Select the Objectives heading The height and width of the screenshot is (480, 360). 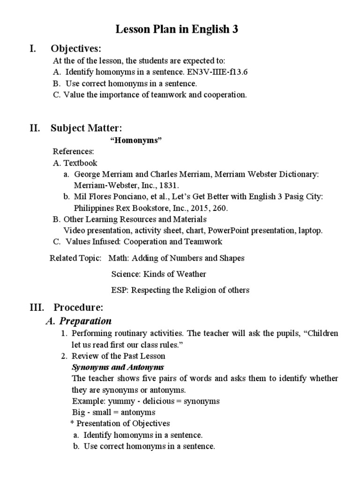pos(76,49)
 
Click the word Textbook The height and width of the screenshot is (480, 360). pos(80,163)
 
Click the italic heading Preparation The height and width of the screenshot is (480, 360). pos(84,322)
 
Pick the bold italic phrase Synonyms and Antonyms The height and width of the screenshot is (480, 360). pos(118,367)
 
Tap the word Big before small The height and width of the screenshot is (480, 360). pos(78,412)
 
